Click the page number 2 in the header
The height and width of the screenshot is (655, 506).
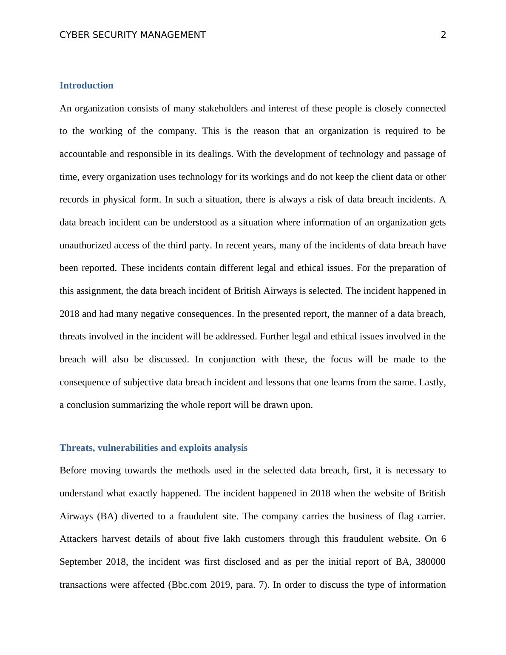tap(443, 35)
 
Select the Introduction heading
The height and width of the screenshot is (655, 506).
tap(86, 85)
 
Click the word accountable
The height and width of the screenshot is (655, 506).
tap(83, 154)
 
